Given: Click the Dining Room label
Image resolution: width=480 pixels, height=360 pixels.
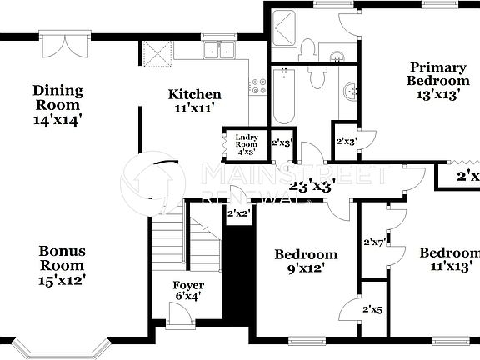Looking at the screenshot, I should click(57, 105).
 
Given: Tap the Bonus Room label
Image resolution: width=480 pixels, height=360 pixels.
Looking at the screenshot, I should click(62, 266).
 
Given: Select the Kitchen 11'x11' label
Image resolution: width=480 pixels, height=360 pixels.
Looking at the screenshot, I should click(194, 102).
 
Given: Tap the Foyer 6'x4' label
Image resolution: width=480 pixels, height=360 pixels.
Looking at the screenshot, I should click(188, 291).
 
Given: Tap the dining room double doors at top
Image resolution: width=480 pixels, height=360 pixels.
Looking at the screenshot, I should click(62, 42).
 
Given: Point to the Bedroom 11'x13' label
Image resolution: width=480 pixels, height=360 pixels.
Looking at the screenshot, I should click(449, 260).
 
